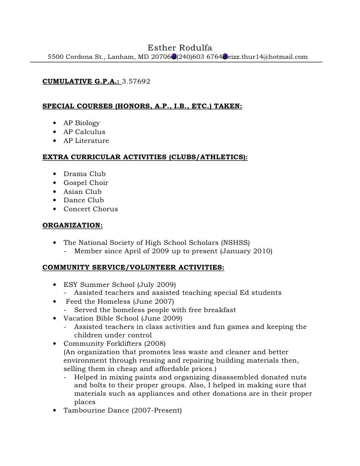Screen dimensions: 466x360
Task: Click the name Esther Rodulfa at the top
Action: pos(180,47)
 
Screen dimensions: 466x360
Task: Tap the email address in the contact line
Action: pos(268,57)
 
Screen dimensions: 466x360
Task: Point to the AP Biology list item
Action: pos(82,123)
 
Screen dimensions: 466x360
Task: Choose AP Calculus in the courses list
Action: pos(84,132)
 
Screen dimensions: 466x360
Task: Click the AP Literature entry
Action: pos(86,140)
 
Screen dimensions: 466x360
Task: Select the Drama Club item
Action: pos(85,174)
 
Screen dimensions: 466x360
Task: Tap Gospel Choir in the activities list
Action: pos(86,183)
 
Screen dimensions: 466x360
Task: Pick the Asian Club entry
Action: pos(83,191)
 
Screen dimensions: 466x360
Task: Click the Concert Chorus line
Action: pos(90,209)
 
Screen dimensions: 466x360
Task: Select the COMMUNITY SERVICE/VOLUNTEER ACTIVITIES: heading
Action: pos(134,268)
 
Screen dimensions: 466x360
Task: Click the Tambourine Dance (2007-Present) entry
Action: pos(123,410)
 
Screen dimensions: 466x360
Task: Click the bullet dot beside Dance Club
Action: pos(53,200)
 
